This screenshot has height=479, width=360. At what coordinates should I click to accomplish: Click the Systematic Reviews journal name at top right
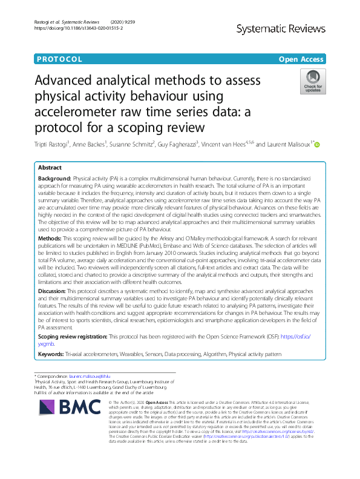click(x=290, y=28)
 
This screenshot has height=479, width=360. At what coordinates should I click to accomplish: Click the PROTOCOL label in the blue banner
click(x=59, y=59)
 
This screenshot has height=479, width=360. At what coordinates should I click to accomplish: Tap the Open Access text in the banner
click(x=301, y=59)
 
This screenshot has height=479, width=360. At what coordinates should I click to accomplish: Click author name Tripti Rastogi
click(x=53, y=145)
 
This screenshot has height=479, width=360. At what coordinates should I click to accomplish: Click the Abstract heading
click(x=50, y=167)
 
